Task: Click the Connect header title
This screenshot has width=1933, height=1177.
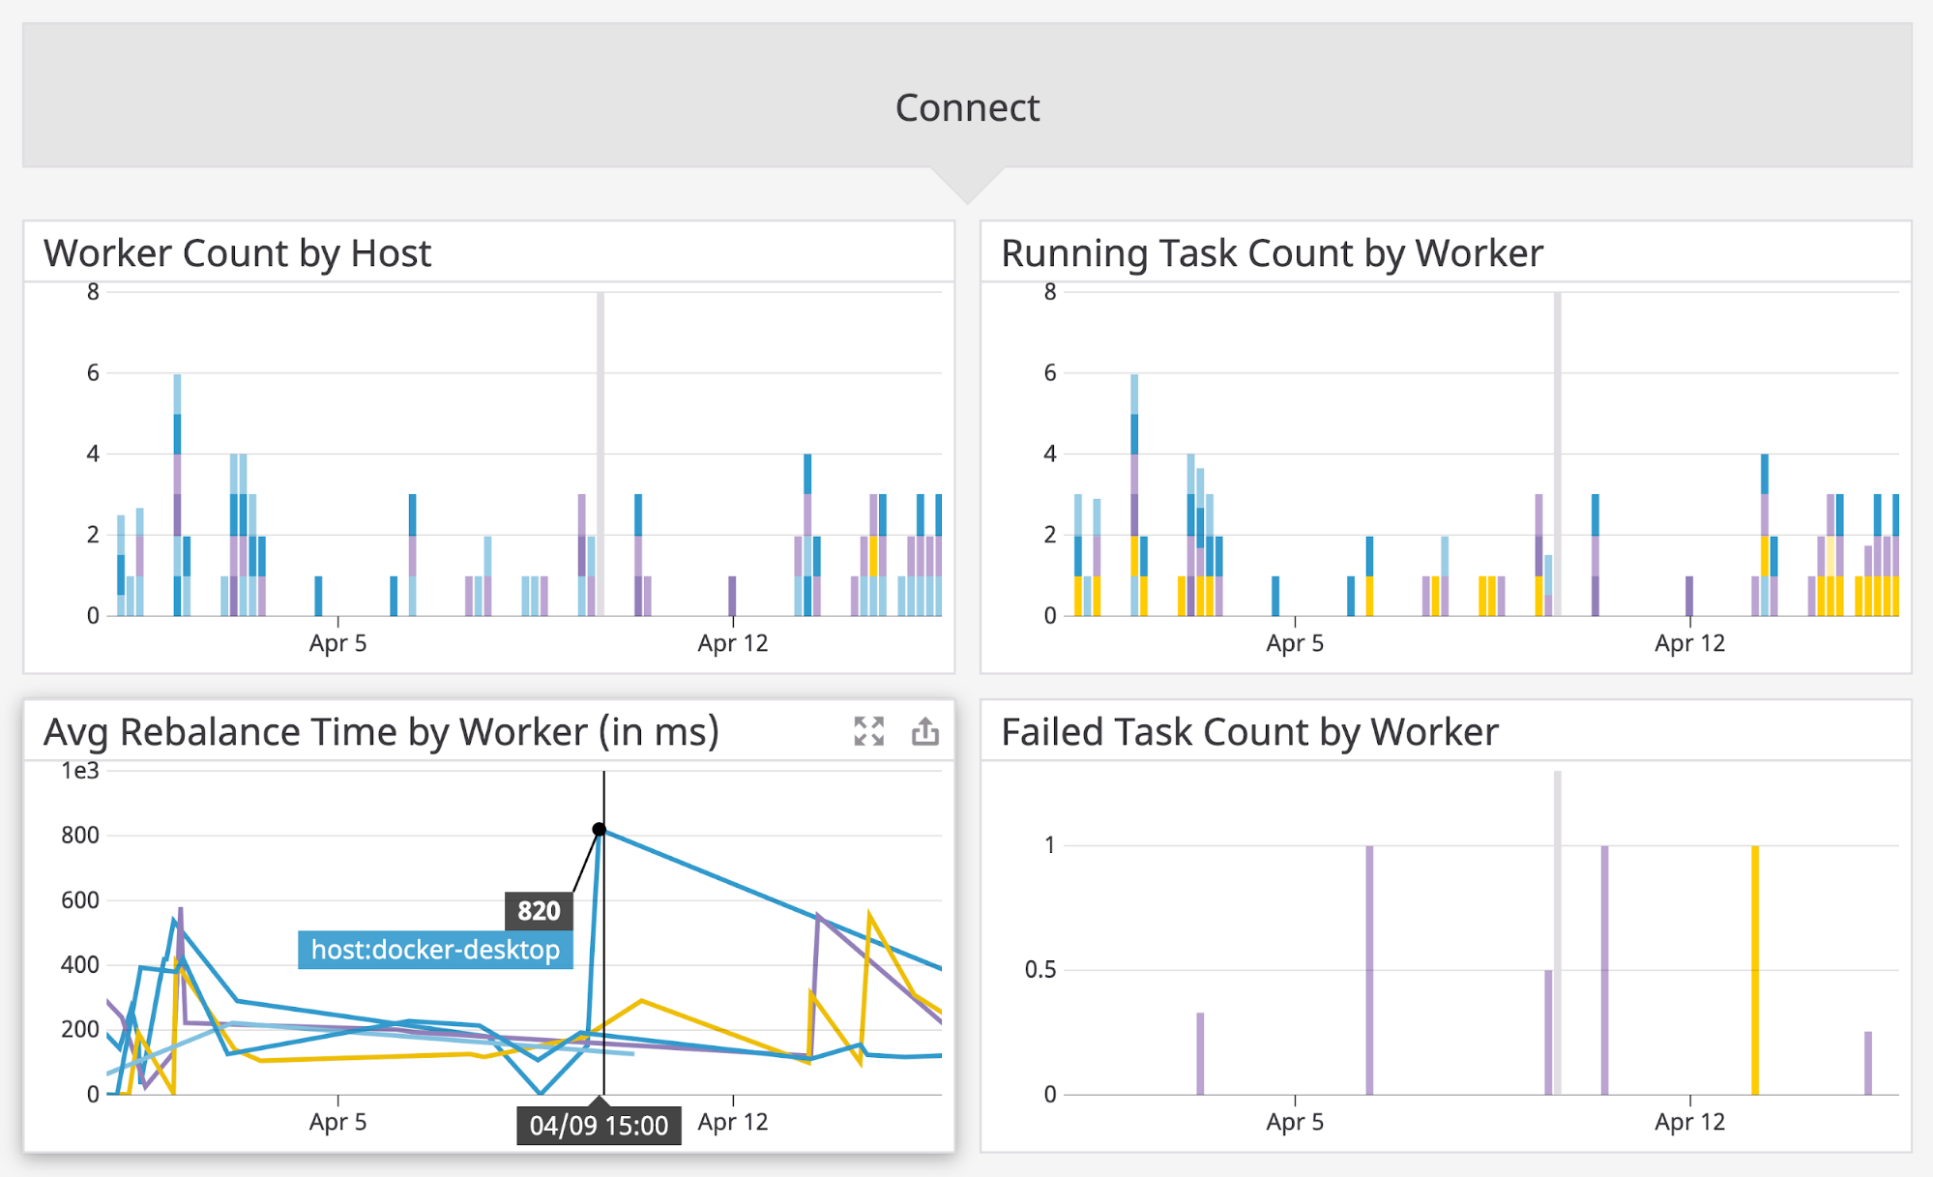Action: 967,107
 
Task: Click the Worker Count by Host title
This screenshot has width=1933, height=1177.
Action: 237,253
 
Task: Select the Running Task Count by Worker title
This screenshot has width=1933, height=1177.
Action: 1272,253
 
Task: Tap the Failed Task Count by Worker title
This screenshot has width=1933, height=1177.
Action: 1249,732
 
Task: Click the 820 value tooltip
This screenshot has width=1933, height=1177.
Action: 539,910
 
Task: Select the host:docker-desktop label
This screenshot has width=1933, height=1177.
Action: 435,950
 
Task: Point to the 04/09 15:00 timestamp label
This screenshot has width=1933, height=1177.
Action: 599,1126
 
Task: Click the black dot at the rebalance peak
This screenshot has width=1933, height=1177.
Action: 600,829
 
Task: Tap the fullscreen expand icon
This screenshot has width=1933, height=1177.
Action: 868,731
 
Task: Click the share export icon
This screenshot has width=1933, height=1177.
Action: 924,731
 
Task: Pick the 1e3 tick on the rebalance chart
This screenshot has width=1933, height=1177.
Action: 80,771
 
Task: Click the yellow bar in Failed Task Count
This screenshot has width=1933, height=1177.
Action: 1755,967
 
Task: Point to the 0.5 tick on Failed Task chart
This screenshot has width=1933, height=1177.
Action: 1040,969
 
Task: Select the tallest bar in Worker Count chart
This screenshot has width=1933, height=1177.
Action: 178,493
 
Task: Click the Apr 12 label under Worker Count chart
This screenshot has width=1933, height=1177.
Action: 732,643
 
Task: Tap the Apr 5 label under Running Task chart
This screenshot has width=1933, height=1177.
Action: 1295,643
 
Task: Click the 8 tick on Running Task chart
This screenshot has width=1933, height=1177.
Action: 1050,291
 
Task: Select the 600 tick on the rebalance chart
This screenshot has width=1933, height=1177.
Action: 80,899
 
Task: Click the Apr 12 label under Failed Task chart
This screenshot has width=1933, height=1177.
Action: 1689,1122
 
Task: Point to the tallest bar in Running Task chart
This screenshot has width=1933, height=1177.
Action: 1134,493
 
